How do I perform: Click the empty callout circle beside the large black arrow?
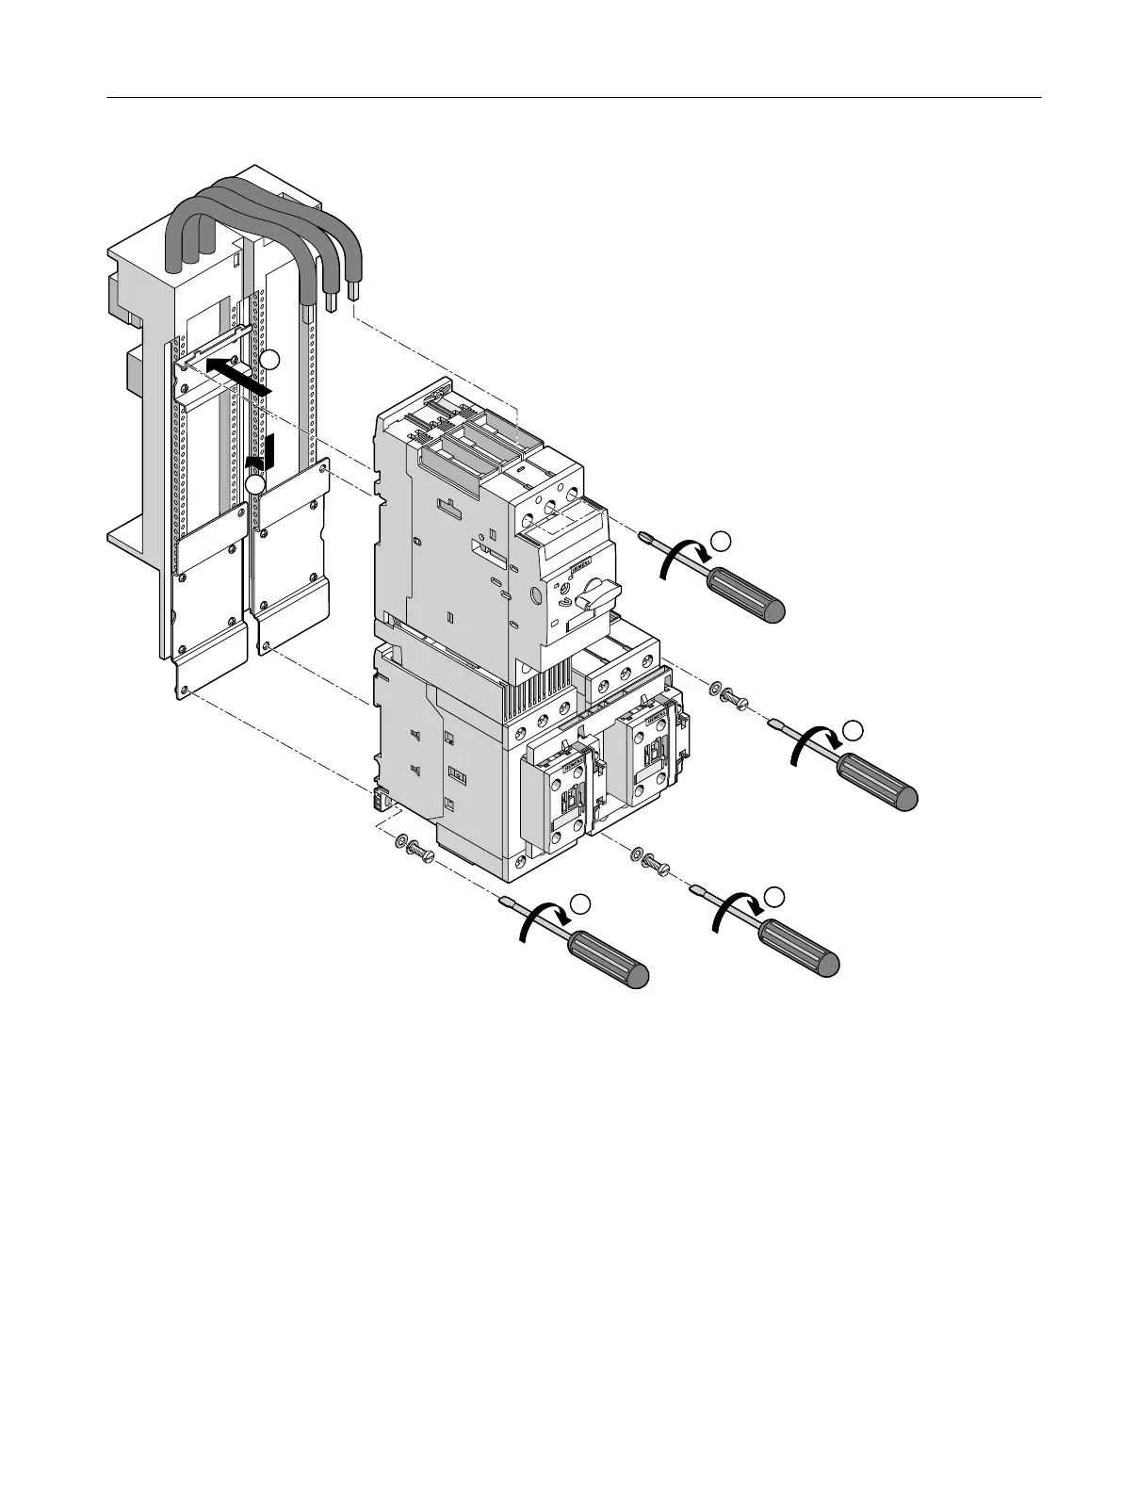coord(270,359)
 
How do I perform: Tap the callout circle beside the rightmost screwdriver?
coord(852,728)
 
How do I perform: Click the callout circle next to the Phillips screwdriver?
coord(721,540)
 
